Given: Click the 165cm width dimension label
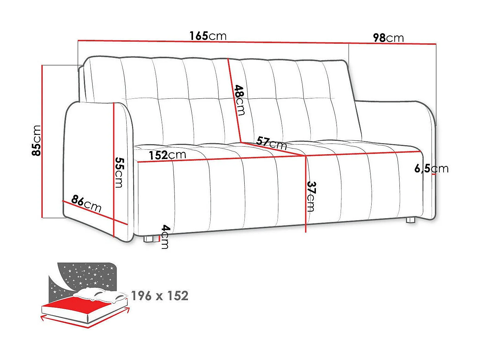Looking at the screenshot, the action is pyautogui.click(x=208, y=36).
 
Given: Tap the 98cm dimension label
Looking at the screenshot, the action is pyautogui.click(x=388, y=38).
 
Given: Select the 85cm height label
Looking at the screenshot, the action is pyautogui.click(x=36, y=140).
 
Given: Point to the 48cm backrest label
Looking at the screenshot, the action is pyautogui.click(x=239, y=100).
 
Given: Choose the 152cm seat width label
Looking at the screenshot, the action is pyautogui.click(x=167, y=155).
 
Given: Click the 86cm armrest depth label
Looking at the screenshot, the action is pyautogui.click(x=86, y=203).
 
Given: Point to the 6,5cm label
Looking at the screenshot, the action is pyautogui.click(x=431, y=168).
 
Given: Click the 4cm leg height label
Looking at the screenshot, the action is pyautogui.click(x=166, y=236).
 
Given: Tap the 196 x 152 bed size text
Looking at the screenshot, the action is pyautogui.click(x=160, y=296).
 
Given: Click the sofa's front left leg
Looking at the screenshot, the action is pyautogui.click(x=149, y=239).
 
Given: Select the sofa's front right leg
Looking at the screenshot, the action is pyautogui.click(x=410, y=220).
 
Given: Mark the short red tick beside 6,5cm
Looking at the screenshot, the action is pyautogui.click(x=434, y=174).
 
